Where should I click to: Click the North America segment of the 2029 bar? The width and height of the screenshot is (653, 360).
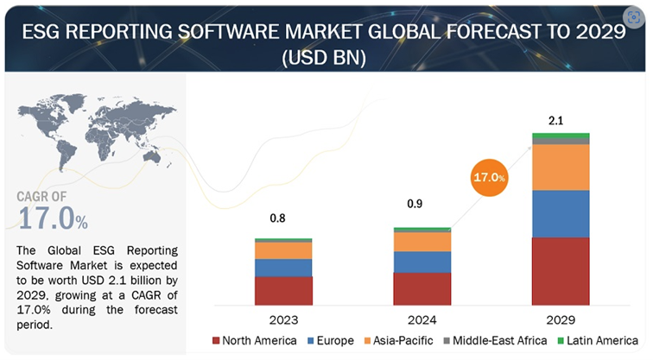(x=561, y=271)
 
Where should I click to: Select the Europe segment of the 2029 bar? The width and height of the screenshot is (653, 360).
(x=561, y=213)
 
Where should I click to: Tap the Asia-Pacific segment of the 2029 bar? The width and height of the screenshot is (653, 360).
(x=561, y=167)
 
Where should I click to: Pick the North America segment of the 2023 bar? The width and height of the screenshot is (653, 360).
(x=283, y=290)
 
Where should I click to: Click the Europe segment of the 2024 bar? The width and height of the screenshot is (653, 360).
(x=422, y=262)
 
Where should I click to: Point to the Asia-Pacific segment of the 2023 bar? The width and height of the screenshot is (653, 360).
(x=283, y=250)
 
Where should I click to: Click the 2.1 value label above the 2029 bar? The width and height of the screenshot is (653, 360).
(x=557, y=120)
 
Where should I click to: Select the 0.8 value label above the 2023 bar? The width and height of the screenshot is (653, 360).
(x=278, y=218)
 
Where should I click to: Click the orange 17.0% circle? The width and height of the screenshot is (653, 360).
(x=489, y=178)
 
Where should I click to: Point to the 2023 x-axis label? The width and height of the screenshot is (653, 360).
(x=283, y=318)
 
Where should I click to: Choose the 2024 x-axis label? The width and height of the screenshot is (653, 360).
(x=422, y=318)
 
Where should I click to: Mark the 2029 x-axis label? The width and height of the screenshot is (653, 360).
(x=561, y=318)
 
